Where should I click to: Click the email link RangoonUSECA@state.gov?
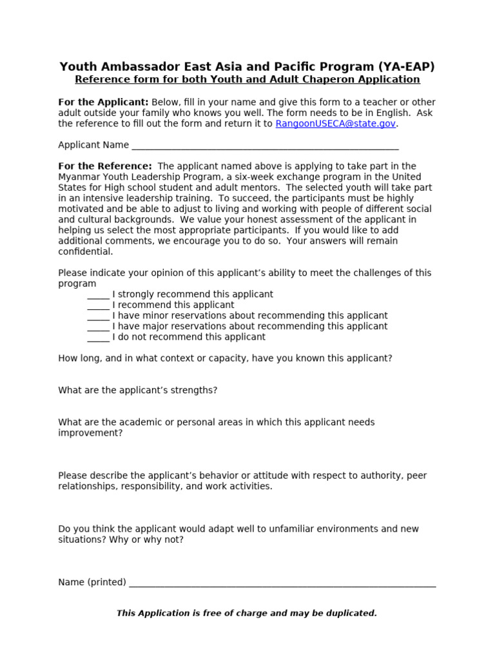click(335, 124)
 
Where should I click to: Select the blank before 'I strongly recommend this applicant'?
click(98, 295)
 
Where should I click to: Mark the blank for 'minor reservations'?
click(98, 316)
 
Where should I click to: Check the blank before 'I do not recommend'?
click(98, 338)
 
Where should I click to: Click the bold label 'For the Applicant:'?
click(103, 102)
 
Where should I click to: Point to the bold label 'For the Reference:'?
click(105, 166)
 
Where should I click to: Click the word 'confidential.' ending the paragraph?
click(85, 252)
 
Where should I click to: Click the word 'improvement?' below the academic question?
click(90, 433)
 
